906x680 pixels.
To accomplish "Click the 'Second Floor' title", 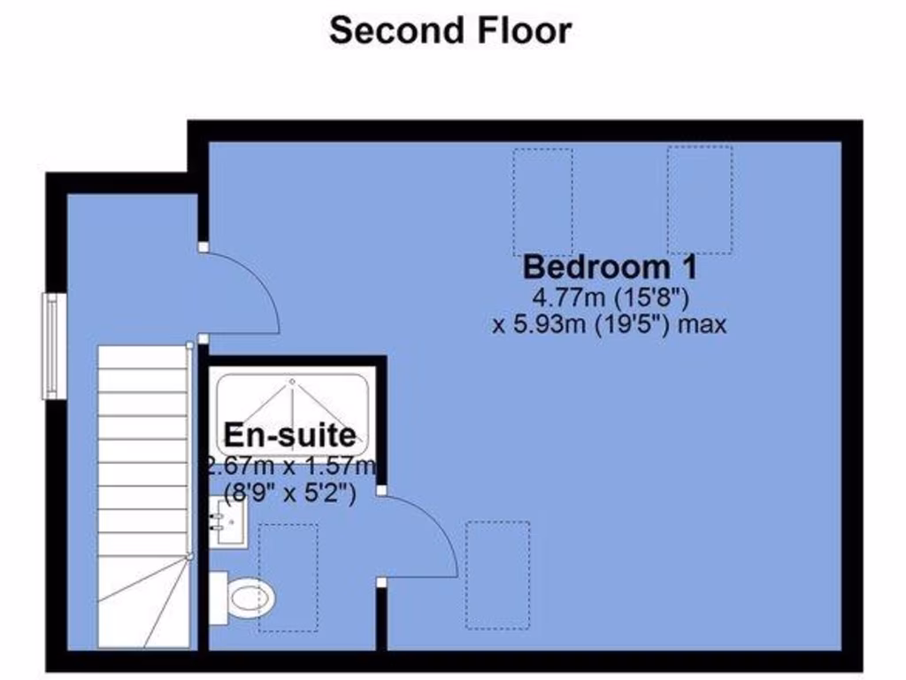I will pos(450,30).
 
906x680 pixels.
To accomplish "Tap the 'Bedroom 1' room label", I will pos(610,267).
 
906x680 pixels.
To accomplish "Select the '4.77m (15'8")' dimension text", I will pos(610,296).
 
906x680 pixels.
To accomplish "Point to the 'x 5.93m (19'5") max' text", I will pos(610,324).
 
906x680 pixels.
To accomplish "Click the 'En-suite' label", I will pos(290,435).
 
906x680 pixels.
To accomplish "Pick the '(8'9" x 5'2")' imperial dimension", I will pos(290,494).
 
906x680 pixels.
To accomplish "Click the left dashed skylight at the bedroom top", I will pos(542,202).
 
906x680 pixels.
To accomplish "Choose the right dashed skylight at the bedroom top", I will pos(699,200).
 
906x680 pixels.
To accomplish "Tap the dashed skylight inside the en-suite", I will pos(288,577).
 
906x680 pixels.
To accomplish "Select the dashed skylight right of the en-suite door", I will pos(498,574).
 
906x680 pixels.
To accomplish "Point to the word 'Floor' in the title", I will pos(526,30).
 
